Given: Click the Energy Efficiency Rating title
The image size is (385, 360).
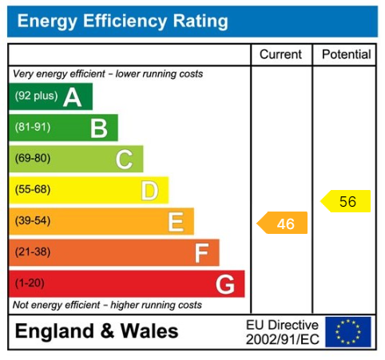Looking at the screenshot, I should tap(122, 22).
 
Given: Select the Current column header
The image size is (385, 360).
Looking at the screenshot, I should tap(281, 55).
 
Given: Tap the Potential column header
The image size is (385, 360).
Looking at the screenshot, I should tap(346, 55).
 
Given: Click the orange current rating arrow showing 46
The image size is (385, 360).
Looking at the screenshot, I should tap(283, 224).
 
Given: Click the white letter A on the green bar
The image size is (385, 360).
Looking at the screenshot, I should tap(72, 97).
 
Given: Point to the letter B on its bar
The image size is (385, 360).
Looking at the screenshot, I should tap(98, 128).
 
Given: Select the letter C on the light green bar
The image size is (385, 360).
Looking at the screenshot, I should tap(124, 159).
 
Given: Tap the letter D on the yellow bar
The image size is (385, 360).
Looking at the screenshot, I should tap(149, 190).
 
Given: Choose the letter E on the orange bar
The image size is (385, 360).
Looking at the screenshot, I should tap(176, 221).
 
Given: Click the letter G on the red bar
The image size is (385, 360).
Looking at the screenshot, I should tap(225, 283).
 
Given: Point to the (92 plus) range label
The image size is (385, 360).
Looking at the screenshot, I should tap(36, 97).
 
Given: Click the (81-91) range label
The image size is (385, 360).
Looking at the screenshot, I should tap(33, 128).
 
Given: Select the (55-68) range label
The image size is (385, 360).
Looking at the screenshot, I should tap(33, 190).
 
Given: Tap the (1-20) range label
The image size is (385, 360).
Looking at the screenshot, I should tap(30, 283).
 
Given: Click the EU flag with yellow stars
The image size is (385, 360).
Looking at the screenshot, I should tap(348, 331).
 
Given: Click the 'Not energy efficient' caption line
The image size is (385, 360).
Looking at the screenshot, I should tap(107, 305).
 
